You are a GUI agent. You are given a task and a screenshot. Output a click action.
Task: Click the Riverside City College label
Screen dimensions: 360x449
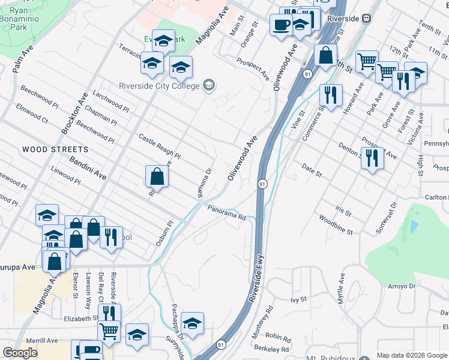tap(158, 86)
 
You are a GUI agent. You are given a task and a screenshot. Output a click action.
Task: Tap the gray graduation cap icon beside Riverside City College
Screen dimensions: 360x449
tap(208, 85)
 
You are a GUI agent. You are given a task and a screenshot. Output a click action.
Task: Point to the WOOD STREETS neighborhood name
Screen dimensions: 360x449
tap(55, 149)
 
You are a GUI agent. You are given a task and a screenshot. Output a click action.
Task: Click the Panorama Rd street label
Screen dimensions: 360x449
tap(228, 212)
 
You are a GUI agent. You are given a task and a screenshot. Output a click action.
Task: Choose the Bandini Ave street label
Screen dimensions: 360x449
tap(88, 169)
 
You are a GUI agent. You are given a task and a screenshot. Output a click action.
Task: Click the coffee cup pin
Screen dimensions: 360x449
tap(281, 25)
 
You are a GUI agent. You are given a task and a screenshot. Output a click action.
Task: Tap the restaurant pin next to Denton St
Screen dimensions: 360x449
tap(373, 158)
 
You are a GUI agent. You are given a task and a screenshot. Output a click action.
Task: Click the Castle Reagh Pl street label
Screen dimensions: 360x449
tap(160, 147)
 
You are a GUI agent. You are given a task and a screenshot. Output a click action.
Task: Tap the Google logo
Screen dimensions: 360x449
tap(20, 353)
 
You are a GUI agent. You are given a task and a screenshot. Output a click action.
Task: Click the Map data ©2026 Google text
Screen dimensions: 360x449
tap(412, 355)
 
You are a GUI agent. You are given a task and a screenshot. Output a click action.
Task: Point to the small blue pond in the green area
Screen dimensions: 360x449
tap(413, 226)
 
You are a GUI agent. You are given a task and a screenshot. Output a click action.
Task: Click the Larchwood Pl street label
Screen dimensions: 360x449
tap(110, 101)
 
